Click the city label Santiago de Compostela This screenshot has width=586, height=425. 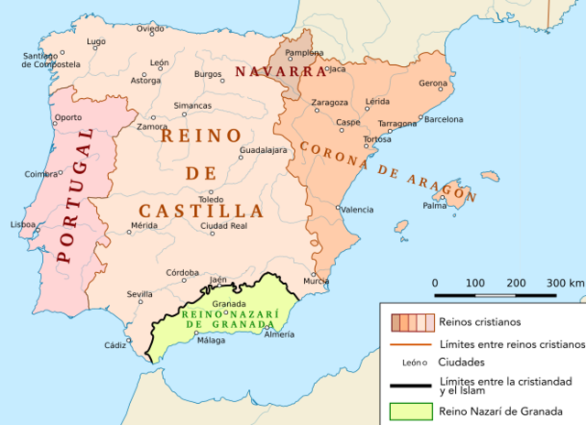coord(50,60)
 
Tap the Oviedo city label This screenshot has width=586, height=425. coord(150,29)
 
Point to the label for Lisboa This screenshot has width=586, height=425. coord(22,223)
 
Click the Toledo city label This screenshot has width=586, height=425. coord(211,199)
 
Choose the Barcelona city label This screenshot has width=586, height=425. coord(443,119)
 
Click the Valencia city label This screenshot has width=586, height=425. coord(357,210)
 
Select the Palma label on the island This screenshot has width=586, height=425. coord(434,205)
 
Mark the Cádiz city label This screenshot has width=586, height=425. coord(115,345)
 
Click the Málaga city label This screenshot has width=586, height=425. coord(211,341)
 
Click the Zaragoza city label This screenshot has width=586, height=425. coord(330,102)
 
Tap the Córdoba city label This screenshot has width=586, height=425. coord(183,272)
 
